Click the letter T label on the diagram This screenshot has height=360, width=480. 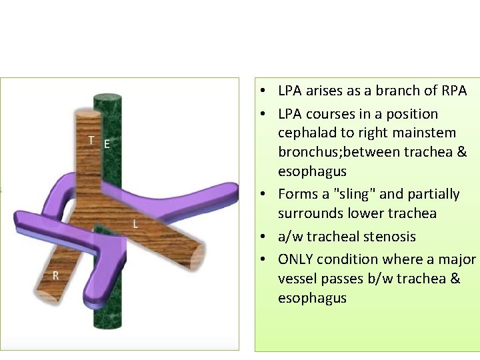click(91, 140)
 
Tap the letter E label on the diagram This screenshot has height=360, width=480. click(107, 143)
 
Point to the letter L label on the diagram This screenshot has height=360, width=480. click(135, 224)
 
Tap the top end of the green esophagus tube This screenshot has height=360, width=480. click(107, 98)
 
